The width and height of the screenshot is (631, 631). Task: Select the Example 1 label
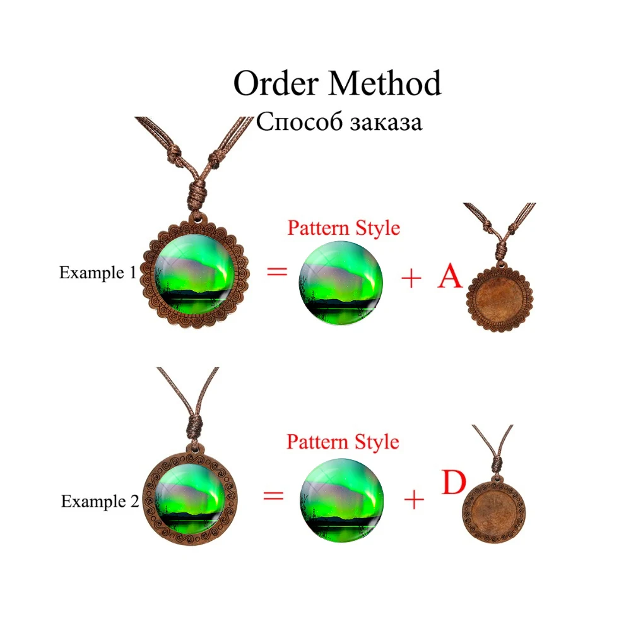click(x=97, y=273)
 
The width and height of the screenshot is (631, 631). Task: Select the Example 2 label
click(x=100, y=502)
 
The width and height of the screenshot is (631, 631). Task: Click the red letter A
click(x=450, y=276)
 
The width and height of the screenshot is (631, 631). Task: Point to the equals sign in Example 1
click(x=276, y=272)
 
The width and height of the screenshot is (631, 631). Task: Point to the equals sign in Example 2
click(x=273, y=495)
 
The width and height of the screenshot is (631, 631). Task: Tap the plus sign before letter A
click(x=411, y=278)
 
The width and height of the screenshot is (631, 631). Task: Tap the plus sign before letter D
click(x=414, y=500)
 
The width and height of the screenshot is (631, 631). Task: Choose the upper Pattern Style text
click(x=344, y=228)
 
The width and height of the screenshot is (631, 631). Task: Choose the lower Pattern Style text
click(x=343, y=442)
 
